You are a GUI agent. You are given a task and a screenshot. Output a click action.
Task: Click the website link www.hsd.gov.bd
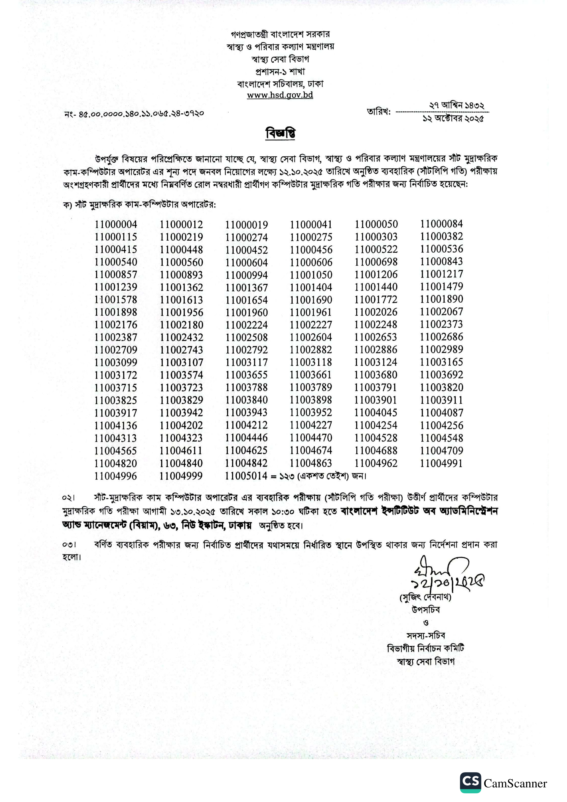point(280,95)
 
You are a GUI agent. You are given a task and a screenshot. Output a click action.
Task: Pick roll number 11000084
point(441,224)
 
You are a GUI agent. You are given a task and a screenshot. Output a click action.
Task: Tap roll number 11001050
point(311,275)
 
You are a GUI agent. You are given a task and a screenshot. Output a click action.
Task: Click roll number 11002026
point(376,312)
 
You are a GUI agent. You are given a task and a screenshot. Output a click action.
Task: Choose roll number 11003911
point(441,400)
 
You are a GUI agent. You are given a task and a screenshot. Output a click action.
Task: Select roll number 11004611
point(181,451)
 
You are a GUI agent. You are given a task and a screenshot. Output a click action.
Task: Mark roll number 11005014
point(246,476)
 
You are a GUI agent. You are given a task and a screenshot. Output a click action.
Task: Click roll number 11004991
point(441,463)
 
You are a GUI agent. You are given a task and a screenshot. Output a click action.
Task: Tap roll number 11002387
point(116,337)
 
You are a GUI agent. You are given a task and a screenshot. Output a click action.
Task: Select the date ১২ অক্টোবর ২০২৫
point(453,119)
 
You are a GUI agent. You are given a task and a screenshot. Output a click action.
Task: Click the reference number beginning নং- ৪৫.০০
point(134,114)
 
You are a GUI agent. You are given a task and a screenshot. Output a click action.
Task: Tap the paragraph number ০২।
point(68,497)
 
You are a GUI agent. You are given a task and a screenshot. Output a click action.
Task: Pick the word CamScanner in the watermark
point(515,783)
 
